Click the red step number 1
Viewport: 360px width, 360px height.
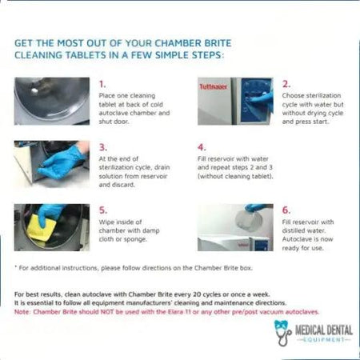click(x=102, y=82)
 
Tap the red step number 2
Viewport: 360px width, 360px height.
click(x=286, y=82)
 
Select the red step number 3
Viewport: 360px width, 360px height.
click(x=102, y=146)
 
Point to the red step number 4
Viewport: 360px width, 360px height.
click(x=202, y=146)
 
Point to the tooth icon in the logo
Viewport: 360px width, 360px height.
click(x=282, y=327)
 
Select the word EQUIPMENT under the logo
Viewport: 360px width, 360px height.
click(x=319, y=338)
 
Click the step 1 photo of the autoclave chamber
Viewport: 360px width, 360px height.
click(x=52, y=101)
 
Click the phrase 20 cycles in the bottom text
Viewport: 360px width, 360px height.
click(x=174, y=296)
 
